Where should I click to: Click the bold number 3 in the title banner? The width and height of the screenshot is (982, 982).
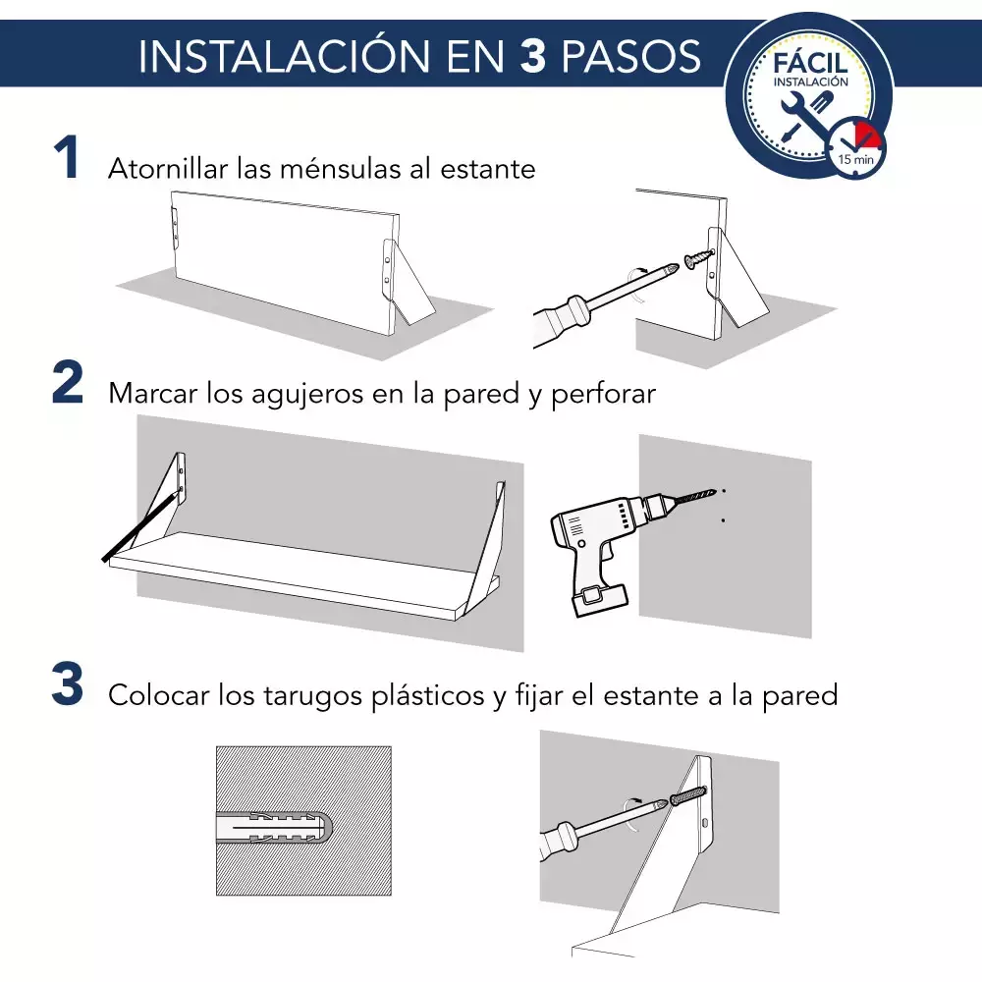click(533, 56)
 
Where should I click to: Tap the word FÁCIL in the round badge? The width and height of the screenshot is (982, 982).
click(810, 63)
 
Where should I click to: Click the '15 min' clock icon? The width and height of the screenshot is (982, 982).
click(855, 149)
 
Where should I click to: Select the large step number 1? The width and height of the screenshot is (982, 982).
click(67, 157)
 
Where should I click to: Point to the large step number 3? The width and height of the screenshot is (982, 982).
click(68, 683)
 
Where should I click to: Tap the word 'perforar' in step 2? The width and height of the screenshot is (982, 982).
click(603, 395)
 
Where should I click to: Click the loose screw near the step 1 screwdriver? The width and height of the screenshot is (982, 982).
click(699, 258)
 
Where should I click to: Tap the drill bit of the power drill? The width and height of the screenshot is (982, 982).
click(694, 497)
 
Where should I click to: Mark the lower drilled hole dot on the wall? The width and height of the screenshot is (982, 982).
click(724, 519)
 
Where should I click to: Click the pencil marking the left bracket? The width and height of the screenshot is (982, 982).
click(140, 526)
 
